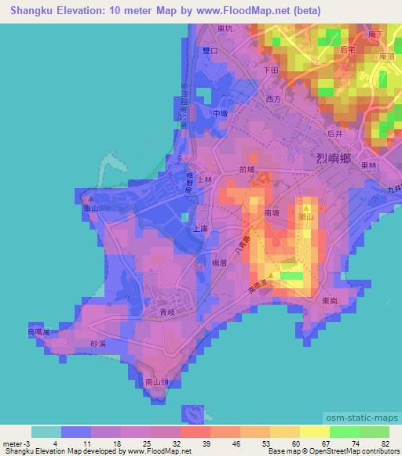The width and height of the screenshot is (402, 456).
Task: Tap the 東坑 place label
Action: click(225, 29)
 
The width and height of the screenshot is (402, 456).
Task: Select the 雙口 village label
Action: click(210, 49)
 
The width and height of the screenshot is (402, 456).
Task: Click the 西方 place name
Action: click(273, 100)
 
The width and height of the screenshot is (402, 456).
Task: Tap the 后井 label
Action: click(335, 134)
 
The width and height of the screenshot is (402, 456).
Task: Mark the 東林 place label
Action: click(369, 166)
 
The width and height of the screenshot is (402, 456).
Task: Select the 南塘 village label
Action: click(272, 212)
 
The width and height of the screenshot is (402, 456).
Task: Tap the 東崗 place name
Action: click(330, 300)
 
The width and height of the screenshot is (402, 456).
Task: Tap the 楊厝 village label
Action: click(219, 264)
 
